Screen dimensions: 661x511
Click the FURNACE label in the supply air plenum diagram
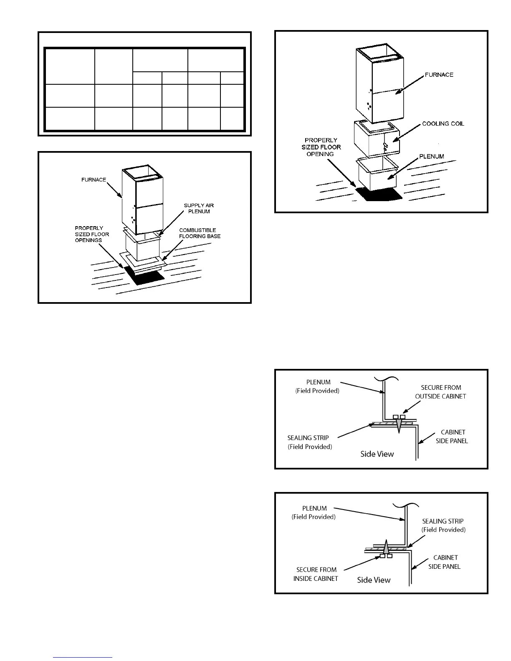point(94,180)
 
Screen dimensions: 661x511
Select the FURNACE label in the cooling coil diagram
point(439,75)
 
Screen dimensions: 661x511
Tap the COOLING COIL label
point(443,124)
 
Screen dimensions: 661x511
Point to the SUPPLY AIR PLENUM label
point(199,208)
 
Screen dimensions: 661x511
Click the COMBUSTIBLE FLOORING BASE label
point(200,233)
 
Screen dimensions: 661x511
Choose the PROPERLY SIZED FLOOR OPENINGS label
point(92,234)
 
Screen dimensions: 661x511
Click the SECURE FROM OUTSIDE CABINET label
point(440,392)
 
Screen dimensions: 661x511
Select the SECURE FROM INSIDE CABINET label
point(316,574)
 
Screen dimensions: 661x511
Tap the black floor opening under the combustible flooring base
point(144,276)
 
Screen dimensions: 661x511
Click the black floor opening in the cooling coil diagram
point(378,194)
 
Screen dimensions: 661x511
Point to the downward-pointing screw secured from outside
point(399,425)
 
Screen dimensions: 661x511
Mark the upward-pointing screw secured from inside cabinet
point(386,547)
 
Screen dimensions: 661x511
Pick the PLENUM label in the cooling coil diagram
point(432,156)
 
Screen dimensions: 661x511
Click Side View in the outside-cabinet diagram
point(377,454)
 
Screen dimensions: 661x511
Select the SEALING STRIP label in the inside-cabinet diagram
point(443,525)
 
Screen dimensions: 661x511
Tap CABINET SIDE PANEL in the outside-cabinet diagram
point(453,436)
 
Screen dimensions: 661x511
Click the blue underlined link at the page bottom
point(83,658)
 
